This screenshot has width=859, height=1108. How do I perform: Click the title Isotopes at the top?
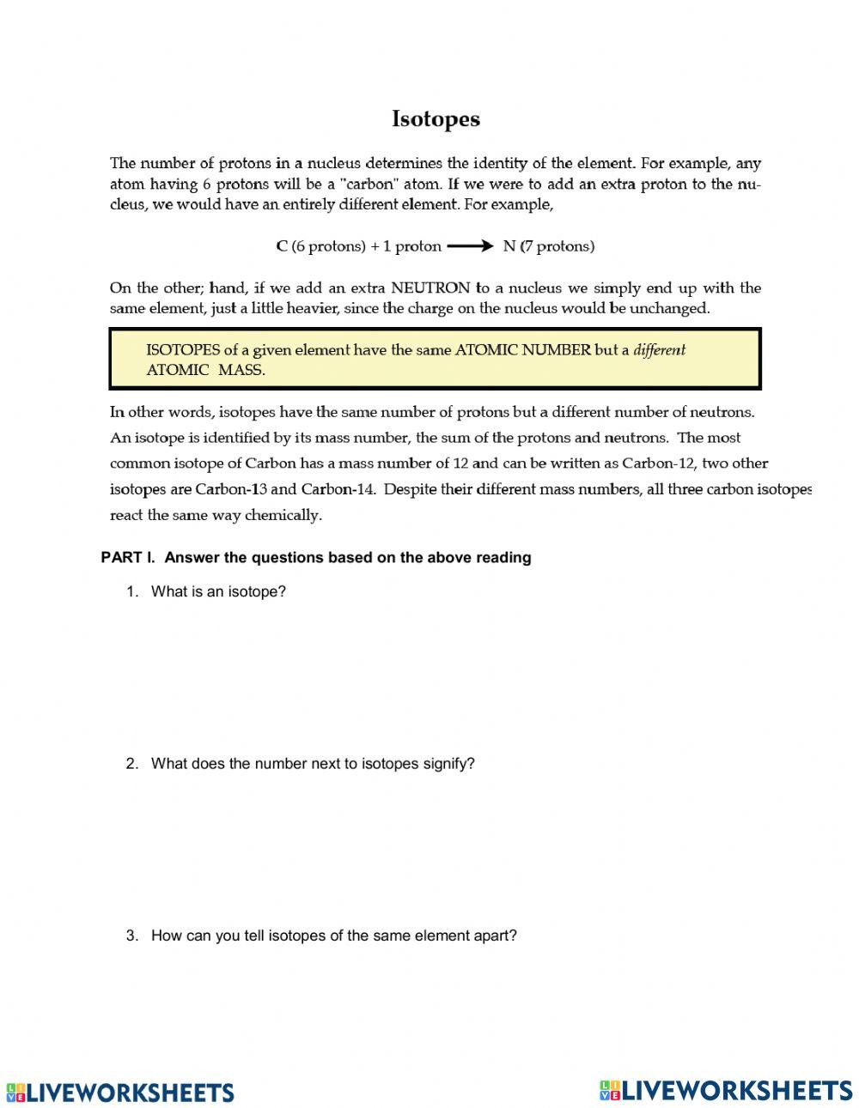coord(436,119)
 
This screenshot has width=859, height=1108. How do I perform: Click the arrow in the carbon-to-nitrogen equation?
coord(470,246)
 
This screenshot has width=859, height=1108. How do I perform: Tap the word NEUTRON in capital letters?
coord(430,288)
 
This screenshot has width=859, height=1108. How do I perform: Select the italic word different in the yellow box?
coord(659,350)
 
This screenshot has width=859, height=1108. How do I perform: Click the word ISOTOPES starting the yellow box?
coord(183,350)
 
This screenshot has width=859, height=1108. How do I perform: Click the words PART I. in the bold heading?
coord(128,558)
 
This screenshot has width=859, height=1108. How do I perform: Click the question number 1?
coord(131,591)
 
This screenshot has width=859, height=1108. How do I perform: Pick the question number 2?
coord(131,764)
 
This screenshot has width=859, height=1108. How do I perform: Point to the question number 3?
coord(131,935)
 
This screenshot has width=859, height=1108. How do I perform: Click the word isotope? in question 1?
coord(256,591)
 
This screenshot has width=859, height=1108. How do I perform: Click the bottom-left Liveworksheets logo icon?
coord(16,1093)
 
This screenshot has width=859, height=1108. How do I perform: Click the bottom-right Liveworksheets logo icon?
coord(610,1090)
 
